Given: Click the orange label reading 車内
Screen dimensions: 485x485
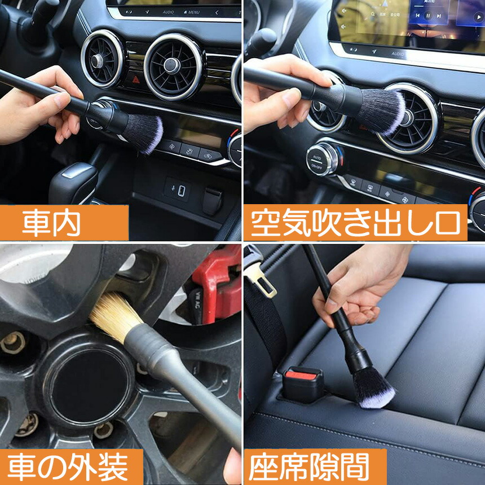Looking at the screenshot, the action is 64,222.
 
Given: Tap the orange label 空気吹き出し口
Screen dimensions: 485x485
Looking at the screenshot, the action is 355,222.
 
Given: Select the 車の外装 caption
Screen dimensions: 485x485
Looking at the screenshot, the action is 72,467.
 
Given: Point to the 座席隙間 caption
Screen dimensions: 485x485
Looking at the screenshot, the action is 315,467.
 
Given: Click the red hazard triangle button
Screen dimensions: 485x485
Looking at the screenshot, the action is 136,80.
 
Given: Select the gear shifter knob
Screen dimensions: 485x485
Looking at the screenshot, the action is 73,183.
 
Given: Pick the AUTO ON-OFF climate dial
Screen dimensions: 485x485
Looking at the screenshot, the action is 324,159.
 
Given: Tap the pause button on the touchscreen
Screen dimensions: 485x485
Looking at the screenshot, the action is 428,15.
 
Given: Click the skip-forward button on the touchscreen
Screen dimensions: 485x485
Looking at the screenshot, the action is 439,16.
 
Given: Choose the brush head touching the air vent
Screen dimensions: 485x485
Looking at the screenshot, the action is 381,112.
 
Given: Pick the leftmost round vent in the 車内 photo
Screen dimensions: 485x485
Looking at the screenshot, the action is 102,59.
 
